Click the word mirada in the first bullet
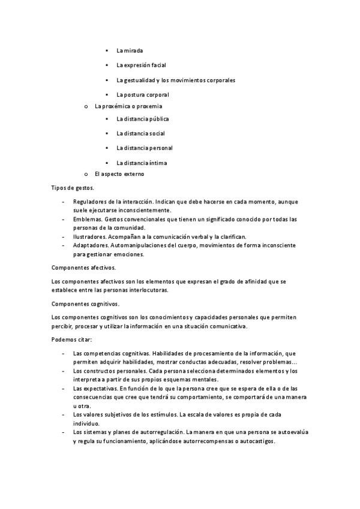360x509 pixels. pos(134,50)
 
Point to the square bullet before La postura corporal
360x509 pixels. pos(106,95)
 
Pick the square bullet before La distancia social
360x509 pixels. pos(106,133)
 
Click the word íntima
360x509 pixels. pos(157,163)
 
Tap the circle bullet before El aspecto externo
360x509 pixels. pos(86,174)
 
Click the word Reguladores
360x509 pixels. pos(90,202)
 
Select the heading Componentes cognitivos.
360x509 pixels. pos(85,304)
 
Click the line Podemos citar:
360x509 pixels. pos(71,340)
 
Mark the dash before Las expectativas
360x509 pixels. pos(64,389)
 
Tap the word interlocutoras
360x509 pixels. pos(146,289)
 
